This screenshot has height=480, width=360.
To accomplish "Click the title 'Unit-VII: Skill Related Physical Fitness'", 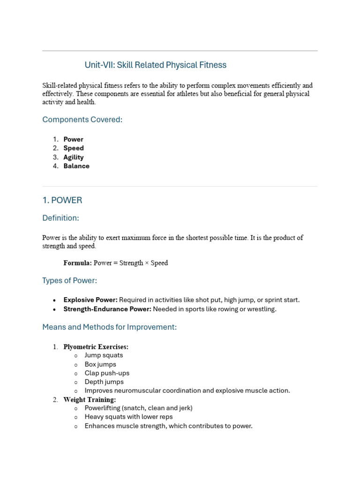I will point(155,65).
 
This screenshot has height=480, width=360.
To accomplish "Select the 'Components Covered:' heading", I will point(82,120).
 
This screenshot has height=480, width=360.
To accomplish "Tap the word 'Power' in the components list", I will point(73,139).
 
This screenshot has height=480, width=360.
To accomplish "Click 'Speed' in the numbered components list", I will point(74,148).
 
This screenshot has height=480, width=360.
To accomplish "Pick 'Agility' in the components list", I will point(74,157).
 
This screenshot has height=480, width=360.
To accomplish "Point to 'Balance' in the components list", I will point(76,166).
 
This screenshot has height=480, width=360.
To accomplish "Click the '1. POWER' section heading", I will point(62,200).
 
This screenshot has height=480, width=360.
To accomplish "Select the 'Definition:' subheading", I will point(60,218).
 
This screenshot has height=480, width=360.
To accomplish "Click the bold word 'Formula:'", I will point(77,263).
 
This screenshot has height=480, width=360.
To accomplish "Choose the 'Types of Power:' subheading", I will point(69,280).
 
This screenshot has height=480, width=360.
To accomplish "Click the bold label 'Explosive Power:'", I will point(90,300).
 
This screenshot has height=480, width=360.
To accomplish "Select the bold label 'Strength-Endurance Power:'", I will point(107,309).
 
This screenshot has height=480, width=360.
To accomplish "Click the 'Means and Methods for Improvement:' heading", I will point(109,327).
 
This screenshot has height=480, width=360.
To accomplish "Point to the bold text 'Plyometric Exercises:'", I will point(96,347).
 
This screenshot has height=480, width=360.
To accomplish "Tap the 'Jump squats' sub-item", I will point(104,355).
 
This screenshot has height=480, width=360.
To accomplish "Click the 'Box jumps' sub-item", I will point(100,364).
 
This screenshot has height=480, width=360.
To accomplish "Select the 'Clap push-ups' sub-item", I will point(107,373).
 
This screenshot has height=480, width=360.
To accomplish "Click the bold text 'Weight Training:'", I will point(90,399).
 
